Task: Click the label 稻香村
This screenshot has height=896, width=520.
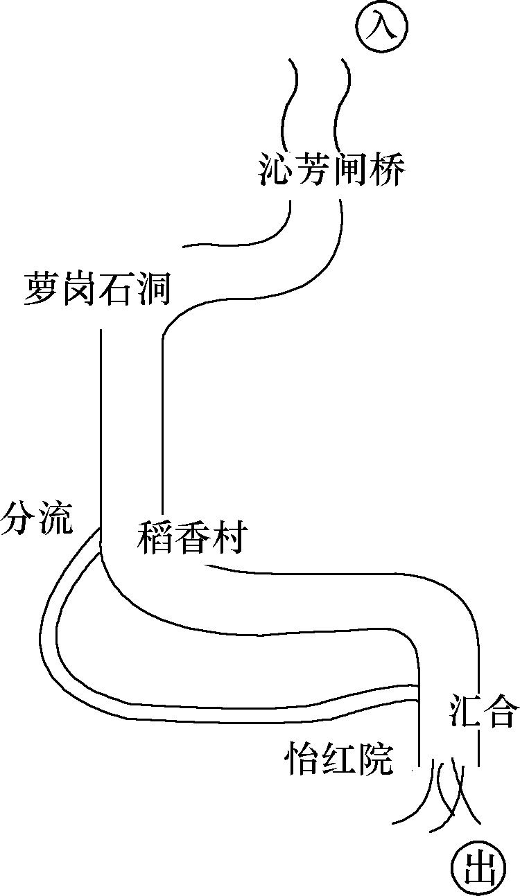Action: pos(191,538)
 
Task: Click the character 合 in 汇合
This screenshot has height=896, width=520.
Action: pos(501,712)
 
